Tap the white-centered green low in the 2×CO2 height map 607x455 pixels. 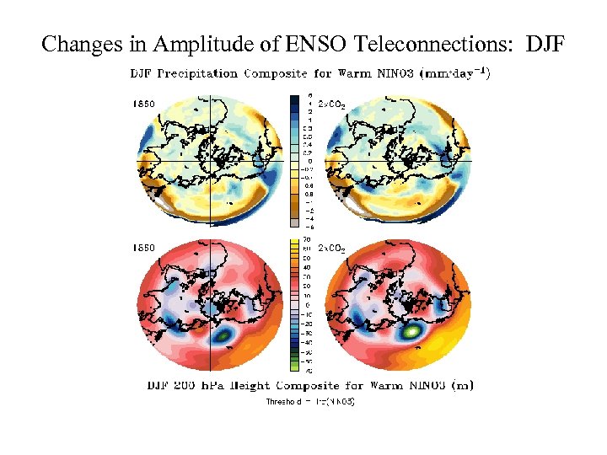[411, 332]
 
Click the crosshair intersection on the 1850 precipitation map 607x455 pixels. [208, 160]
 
